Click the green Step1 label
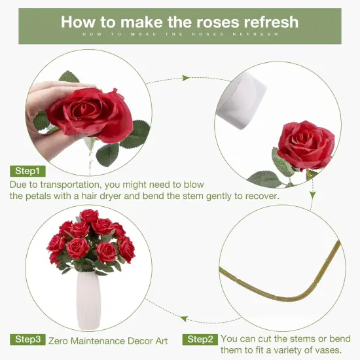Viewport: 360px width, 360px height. click(x=28, y=171)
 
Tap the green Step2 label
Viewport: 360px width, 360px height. click(x=200, y=340)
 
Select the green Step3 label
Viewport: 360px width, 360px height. click(x=28, y=340)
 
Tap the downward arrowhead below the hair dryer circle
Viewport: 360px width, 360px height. click(x=313, y=195)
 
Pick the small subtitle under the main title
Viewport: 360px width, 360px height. click(x=179, y=34)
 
